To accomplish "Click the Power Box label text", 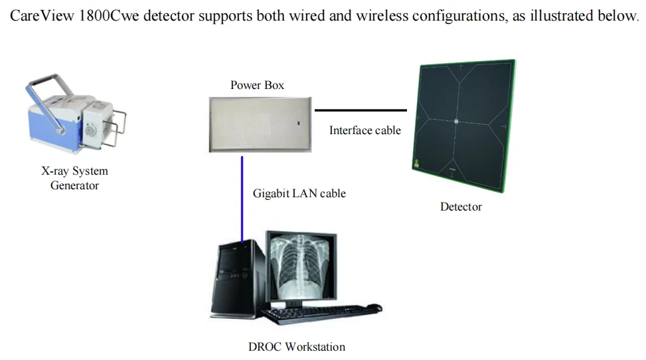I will click(x=257, y=85).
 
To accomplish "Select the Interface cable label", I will click(x=364, y=131).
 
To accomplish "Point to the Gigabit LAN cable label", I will click(x=299, y=194).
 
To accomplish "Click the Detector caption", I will click(x=461, y=207).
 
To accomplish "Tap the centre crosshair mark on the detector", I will click(x=457, y=121).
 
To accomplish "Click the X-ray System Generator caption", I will click(x=74, y=178).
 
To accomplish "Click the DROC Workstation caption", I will click(x=297, y=347).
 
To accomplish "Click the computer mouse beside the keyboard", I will click(x=374, y=308).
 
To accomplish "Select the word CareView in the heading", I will click(x=41, y=15).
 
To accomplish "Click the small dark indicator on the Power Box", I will click(x=298, y=124).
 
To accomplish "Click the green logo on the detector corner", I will click(x=417, y=163).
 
